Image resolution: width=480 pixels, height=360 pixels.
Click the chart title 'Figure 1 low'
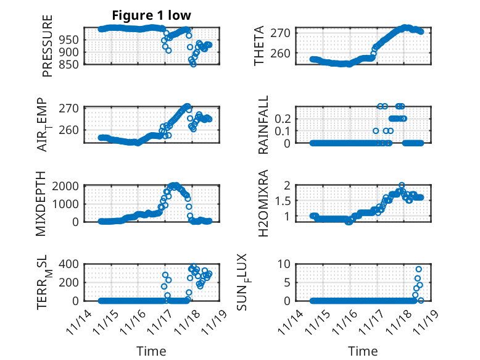(x=151, y=15)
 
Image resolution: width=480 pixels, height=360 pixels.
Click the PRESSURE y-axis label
(x=48, y=46)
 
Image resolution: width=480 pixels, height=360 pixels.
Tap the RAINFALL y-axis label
(x=263, y=125)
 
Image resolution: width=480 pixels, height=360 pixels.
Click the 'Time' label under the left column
(x=151, y=351)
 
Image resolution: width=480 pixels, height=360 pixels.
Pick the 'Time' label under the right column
(x=363, y=351)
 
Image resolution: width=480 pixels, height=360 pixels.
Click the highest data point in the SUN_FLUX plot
(x=418, y=269)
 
